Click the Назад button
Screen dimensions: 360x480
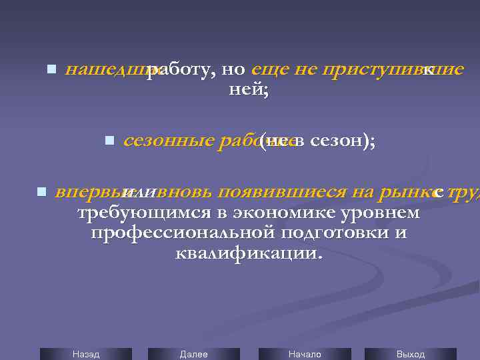coord(86,354)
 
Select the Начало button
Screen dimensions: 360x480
coord(304,354)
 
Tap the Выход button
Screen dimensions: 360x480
coord(410,354)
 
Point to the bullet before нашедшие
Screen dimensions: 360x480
coord(51,69)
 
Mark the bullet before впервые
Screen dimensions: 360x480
coord(41,192)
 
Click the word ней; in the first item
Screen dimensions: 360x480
coord(248,89)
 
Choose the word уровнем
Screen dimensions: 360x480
coord(387,213)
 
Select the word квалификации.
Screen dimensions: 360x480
coord(248,253)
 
